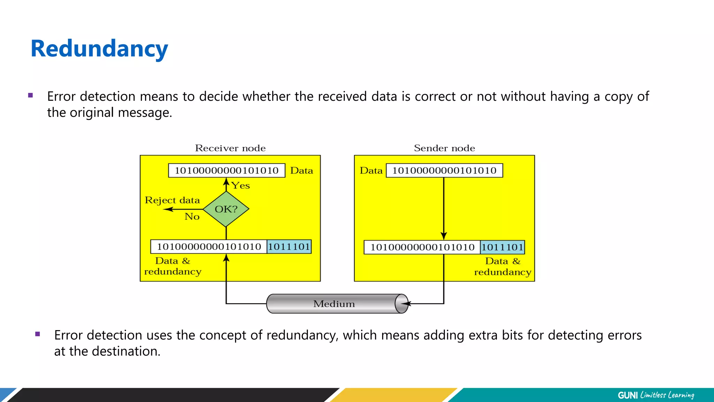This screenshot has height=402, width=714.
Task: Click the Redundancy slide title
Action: coord(99,49)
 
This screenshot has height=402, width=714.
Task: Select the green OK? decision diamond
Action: coord(226,209)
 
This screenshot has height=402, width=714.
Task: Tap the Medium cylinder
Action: coord(334,304)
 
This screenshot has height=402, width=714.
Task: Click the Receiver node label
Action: coord(230,148)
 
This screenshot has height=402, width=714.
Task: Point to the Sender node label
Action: coord(444,148)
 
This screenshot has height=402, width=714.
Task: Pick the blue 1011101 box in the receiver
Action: coord(289,247)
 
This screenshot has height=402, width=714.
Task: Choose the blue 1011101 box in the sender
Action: coord(502,247)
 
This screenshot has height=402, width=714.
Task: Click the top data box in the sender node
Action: coord(444,170)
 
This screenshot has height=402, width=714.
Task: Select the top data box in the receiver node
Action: coord(227,170)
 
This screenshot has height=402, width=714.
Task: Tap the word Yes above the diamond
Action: coord(241,186)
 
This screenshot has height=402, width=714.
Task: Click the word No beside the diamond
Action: coord(192,217)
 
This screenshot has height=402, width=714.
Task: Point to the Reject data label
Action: coord(172,200)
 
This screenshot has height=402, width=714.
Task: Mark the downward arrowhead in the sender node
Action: coord(444,236)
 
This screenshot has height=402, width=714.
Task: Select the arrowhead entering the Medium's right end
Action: coord(406,304)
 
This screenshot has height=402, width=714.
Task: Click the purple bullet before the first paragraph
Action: coord(31,95)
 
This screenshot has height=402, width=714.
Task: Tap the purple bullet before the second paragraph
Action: coord(38,334)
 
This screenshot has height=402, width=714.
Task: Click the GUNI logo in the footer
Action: coord(628,395)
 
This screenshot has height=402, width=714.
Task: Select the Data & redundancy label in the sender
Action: coord(502,267)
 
